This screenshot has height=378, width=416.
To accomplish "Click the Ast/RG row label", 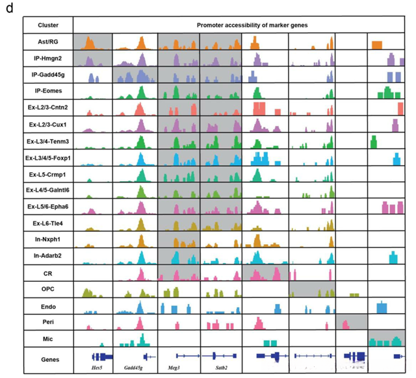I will click(x=48, y=42).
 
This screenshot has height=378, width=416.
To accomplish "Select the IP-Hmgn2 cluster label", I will click(x=48, y=58).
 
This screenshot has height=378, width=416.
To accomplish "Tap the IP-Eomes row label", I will click(x=48, y=92).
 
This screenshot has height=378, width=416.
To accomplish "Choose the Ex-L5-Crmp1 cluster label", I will click(x=48, y=174).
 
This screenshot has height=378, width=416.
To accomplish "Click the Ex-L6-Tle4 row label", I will click(x=48, y=224).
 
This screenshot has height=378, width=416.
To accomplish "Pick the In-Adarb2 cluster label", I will click(x=48, y=257).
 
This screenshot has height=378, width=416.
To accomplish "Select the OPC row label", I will click(x=48, y=290).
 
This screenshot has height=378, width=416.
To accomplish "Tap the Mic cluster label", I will click(x=48, y=339).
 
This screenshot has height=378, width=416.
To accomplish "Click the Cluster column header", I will click(x=48, y=25).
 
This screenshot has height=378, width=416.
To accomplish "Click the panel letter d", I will click(x=10, y=8).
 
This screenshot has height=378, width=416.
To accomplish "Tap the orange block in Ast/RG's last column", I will click(x=376, y=44).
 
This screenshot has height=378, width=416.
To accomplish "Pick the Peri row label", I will click(x=48, y=322).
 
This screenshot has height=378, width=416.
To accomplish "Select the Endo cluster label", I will click(x=48, y=306).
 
